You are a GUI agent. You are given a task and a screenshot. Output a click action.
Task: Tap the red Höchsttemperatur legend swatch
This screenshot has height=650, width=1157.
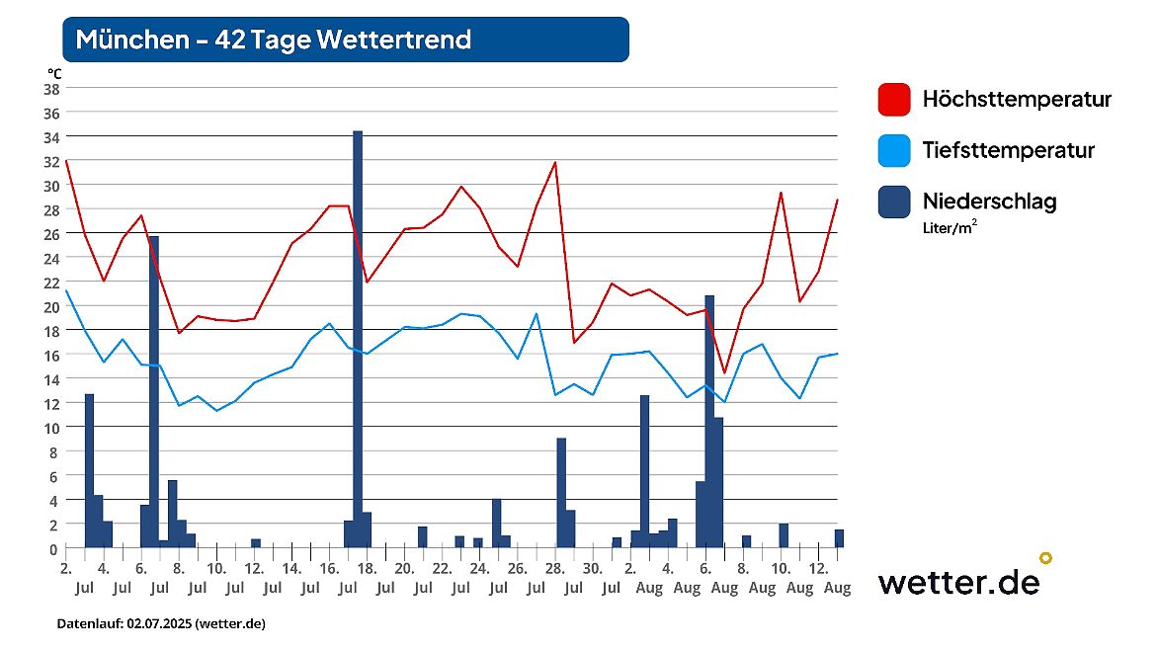point(893,99)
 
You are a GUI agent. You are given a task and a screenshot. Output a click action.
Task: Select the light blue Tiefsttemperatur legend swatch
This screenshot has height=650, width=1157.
point(893,150)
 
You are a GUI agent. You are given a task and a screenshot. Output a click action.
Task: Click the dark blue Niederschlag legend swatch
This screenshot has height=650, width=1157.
point(893,202)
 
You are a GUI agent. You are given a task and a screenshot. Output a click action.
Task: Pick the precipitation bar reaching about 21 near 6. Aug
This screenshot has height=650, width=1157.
point(709,420)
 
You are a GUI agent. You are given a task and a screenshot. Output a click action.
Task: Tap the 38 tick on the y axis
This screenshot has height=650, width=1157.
point(51,88)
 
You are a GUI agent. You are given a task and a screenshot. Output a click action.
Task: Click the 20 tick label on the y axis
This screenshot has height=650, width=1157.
point(51,306)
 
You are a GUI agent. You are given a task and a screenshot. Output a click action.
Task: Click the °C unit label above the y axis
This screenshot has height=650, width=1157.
point(53,72)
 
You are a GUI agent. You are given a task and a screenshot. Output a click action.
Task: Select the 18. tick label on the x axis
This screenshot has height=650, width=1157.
point(367,569)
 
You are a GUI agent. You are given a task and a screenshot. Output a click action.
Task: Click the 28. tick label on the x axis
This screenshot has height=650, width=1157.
point(554,569)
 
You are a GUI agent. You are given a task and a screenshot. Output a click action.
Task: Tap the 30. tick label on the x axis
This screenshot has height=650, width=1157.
point(592,569)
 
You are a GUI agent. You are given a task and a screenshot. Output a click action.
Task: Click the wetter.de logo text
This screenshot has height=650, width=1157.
point(958,581)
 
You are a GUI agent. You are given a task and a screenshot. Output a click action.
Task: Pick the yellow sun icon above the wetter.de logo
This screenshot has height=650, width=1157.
point(1045,558)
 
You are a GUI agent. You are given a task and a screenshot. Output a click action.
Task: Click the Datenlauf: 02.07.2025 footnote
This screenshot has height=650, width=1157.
point(161,624)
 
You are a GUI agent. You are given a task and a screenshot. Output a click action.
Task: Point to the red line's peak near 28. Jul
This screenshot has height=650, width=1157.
point(555,162)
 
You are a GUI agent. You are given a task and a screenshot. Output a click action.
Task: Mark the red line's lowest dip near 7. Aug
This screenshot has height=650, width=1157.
point(725,372)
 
